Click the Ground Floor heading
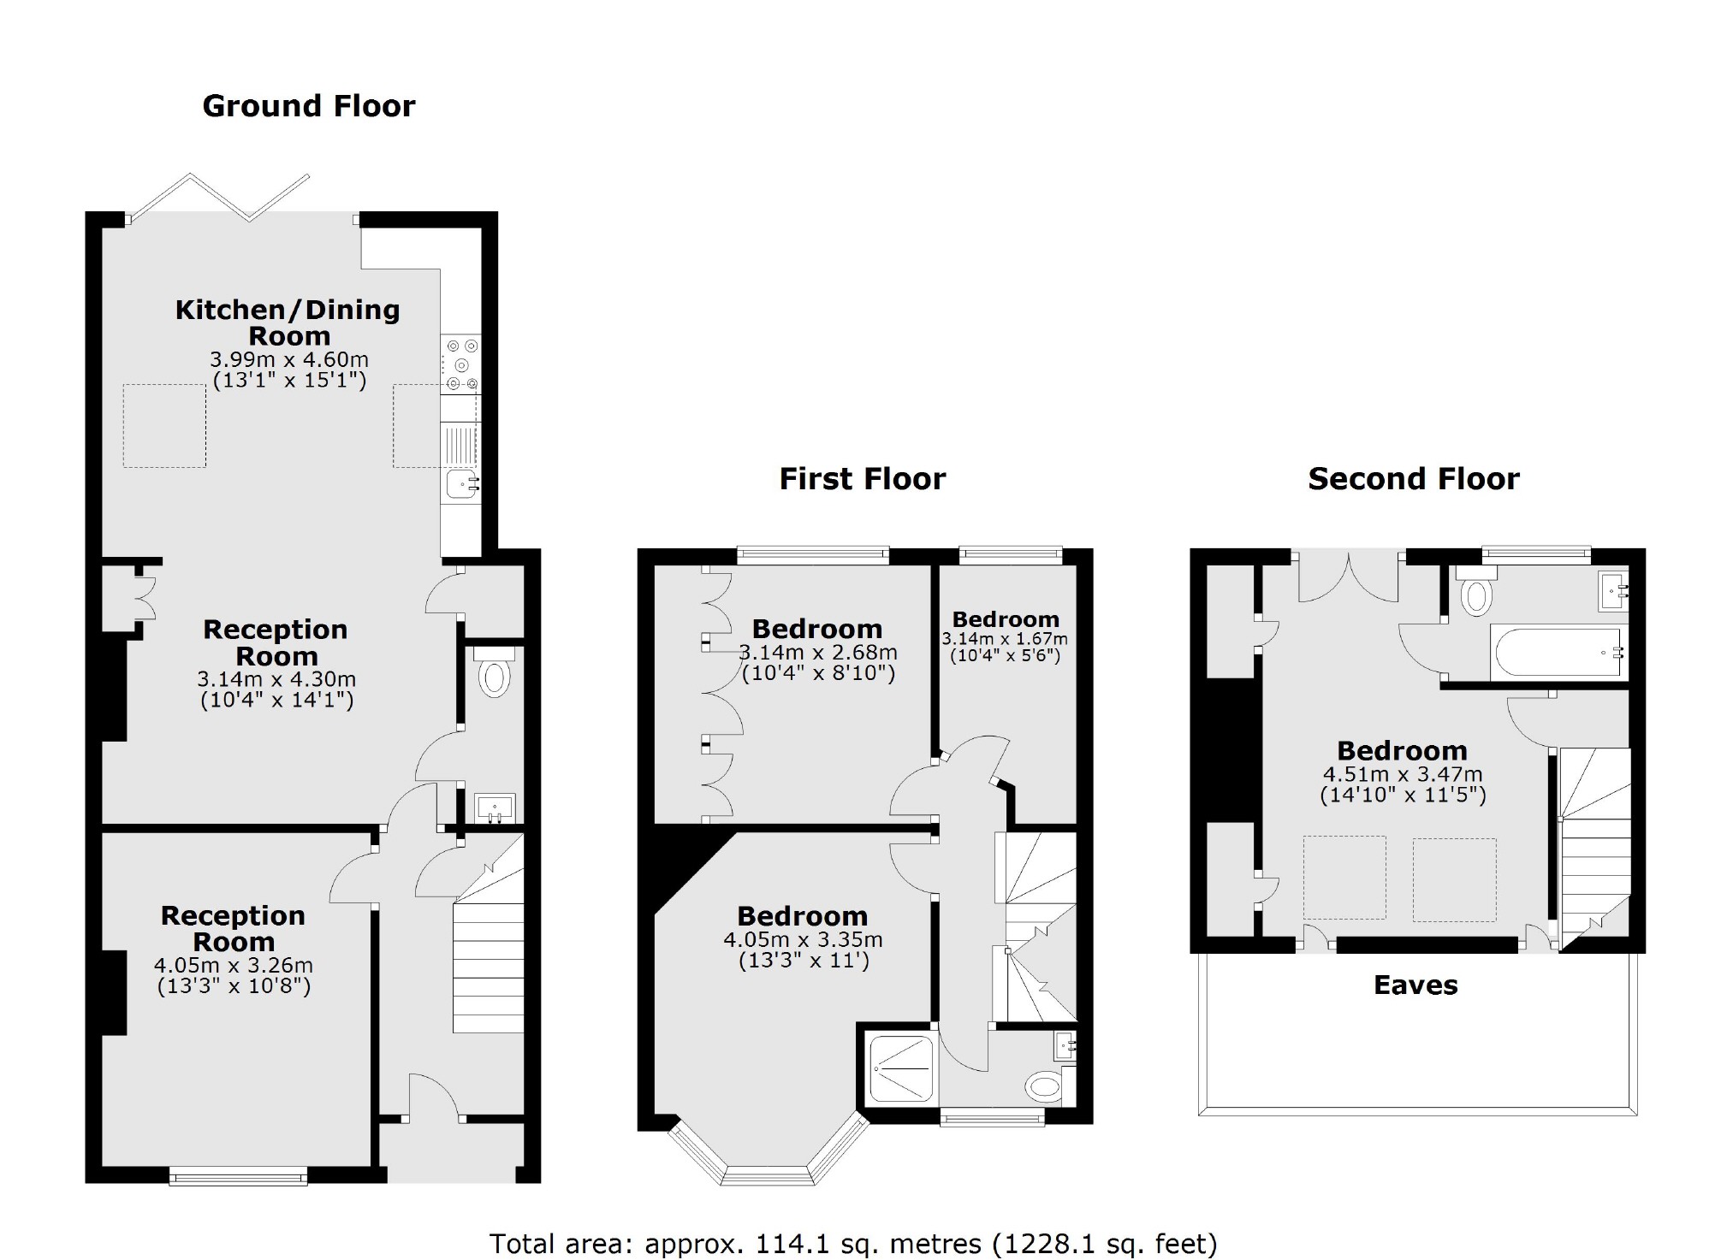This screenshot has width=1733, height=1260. pyautogui.click(x=308, y=106)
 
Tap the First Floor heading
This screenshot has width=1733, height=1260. pyautogui.click(x=862, y=479)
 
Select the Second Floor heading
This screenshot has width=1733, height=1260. pyautogui.click(x=1413, y=479)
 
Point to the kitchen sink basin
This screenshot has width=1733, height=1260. pyautogui.click(x=460, y=485)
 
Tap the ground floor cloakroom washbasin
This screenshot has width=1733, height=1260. pyautogui.click(x=495, y=807)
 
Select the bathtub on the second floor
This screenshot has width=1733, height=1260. pyautogui.click(x=1556, y=654)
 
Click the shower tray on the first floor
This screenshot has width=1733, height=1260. pyautogui.click(x=901, y=1068)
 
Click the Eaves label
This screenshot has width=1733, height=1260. pyautogui.click(x=1415, y=985)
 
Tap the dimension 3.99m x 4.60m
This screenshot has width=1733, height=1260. pyautogui.click(x=289, y=359)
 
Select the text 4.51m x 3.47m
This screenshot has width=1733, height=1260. pyautogui.click(x=1402, y=774)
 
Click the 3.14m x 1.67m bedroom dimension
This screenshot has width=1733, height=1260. pyautogui.click(x=1005, y=639)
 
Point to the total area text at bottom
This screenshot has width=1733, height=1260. pyautogui.click(x=852, y=1243)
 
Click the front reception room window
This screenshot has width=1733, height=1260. pyautogui.click(x=238, y=1178)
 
